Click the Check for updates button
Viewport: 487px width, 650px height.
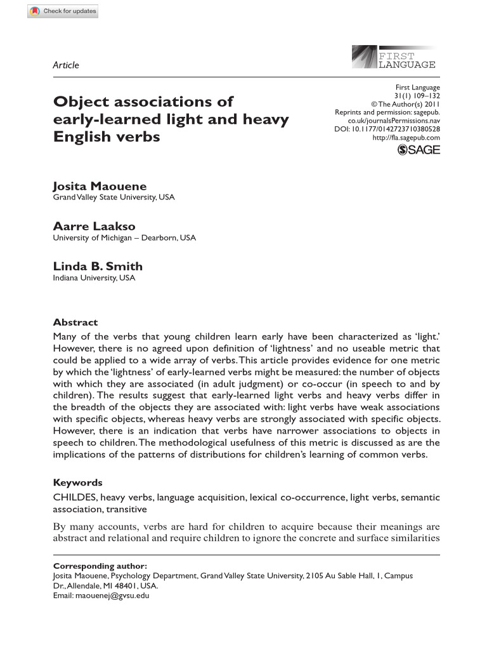click(x=63, y=11)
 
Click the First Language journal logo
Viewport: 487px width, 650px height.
click(x=393, y=57)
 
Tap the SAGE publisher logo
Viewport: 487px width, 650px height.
click(x=418, y=150)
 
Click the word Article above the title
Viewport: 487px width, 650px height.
click(x=66, y=65)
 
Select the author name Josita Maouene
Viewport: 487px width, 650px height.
click(x=100, y=186)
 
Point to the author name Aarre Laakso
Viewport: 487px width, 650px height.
click(x=94, y=227)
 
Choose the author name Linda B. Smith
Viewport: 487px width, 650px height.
click(x=98, y=267)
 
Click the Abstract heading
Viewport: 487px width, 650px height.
click(x=75, y=322)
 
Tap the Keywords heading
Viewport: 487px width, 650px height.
click(x=77, y=482)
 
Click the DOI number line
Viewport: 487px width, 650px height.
click(x=387, y=129)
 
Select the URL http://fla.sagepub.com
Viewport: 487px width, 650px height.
click(x=406, y=137)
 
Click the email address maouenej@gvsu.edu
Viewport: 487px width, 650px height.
click(x=112, y=596)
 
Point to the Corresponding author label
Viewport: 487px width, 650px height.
click(x=100, y=566)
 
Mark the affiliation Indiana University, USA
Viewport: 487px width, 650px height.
click(x=94, y=278)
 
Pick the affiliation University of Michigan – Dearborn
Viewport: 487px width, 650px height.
click(x=124, y=238)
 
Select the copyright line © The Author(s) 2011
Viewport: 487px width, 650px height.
click(x=405, y=104)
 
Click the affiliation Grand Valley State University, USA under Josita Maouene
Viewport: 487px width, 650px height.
click(x=114, y=197)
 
